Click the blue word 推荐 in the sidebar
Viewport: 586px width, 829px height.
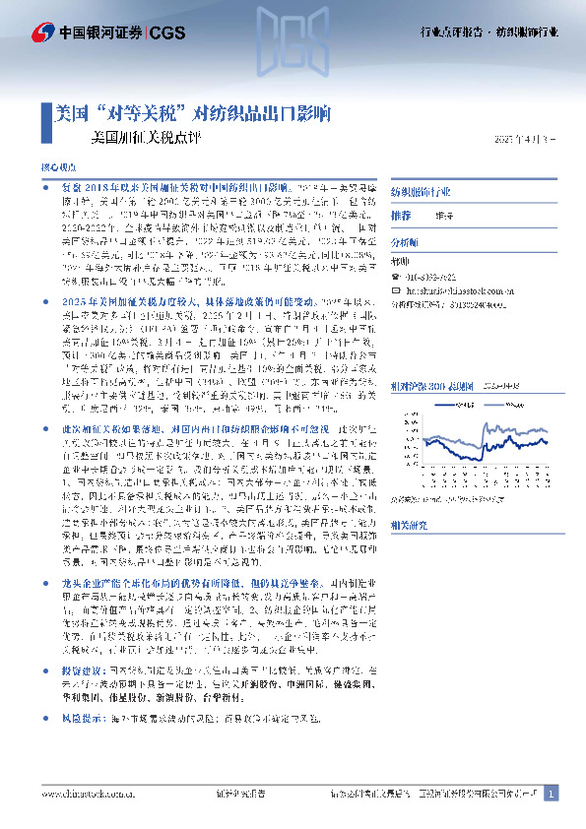click(x=401, y=215)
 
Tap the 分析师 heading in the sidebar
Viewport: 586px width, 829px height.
click(x=406, y=241)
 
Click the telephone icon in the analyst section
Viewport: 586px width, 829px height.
click(x=396, y=278)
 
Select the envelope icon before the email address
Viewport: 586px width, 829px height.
click(x=396, y=291)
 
